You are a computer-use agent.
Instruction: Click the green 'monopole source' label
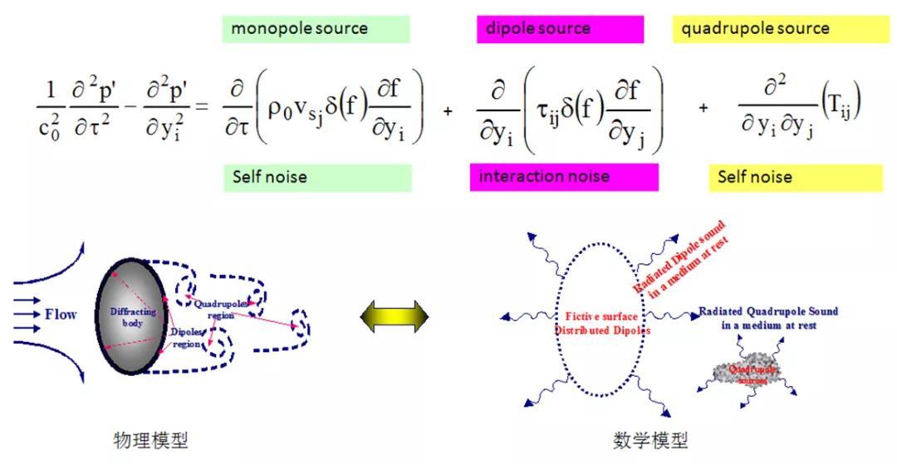tap(316, 29)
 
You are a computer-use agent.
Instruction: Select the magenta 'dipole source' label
tap(560, 29)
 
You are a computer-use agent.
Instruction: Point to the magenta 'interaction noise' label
tap(564, 177)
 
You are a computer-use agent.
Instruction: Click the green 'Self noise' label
tap(317, 177)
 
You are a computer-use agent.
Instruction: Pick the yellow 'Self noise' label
tap(795, 177)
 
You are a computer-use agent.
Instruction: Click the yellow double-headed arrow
tap(395, 316)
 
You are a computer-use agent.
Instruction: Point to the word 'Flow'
tap(61, 315)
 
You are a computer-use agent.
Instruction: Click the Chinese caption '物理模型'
tap(150, 440)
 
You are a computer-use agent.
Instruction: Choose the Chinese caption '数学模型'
tap(649, 440)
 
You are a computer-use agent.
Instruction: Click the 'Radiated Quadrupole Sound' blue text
tap(768, 318)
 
